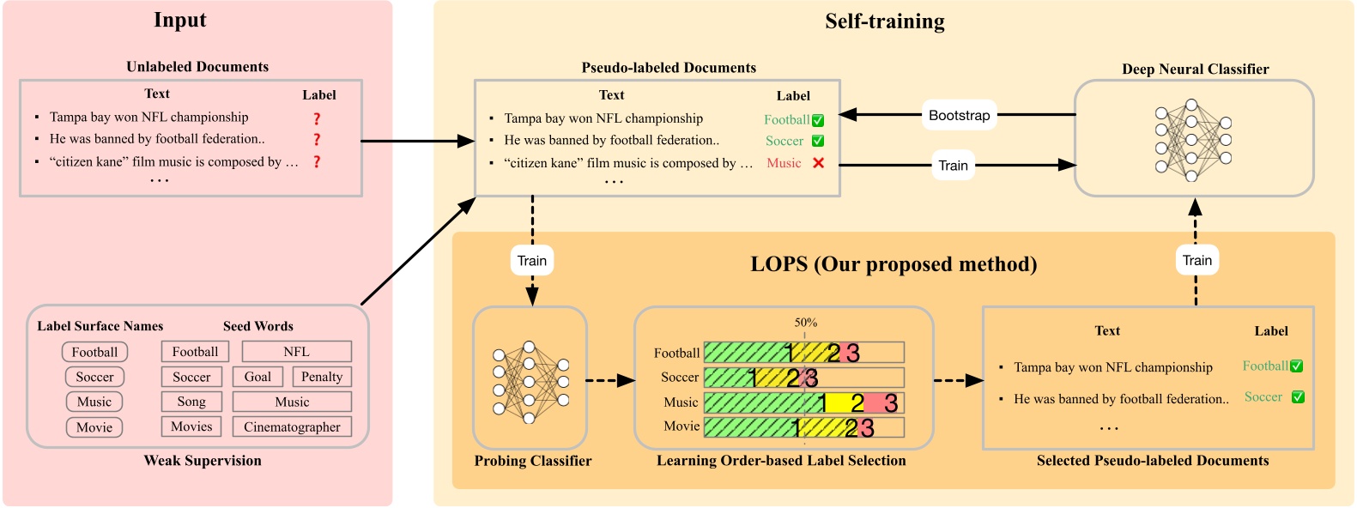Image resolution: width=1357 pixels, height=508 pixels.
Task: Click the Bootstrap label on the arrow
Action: click(x=959, y=115)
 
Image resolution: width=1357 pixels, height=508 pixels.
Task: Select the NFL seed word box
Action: click(x=296, y=352)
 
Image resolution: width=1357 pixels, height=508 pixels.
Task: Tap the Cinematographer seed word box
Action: click(x=292, y=426)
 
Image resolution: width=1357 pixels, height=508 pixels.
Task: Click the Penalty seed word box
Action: click(x=322, y=377)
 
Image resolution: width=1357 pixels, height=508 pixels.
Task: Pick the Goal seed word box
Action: click(x=257, y=377)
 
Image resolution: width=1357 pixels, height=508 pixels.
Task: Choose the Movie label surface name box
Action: click(x=94, y=427)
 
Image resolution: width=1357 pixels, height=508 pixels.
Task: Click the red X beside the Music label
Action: click(x=818, y=163)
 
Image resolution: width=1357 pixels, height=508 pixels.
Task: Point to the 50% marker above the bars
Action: click(x=805, y=323)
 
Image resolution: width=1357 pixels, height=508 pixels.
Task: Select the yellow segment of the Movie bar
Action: click(x=824, y=426)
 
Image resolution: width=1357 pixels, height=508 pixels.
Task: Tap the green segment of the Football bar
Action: click(x=745, y=352)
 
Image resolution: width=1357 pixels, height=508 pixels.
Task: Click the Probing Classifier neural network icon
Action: click(x=530, y=382)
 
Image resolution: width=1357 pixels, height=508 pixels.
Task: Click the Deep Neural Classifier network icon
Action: click(x=1192, y=140)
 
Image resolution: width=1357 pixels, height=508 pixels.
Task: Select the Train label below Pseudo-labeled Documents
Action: click(x=532, y=261)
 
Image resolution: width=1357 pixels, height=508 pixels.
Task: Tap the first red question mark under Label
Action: click(x=317, y=118)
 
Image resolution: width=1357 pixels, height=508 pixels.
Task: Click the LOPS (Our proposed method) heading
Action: click(x=894, y=264)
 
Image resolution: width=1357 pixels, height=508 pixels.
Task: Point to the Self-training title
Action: click(x=884, y=21)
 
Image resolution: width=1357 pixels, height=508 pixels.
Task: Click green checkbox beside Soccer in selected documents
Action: click(x=1298, y=397)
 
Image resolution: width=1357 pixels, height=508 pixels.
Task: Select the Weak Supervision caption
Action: click(x=203, y=461)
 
